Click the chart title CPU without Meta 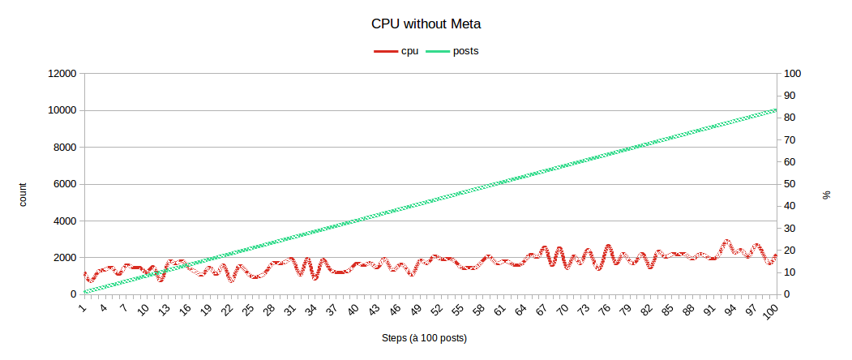pyautogui.click(x=426, y=24)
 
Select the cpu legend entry pyautogui.click(x=396, y=51)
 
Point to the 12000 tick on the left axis pyautogui.click(x=62, y=74)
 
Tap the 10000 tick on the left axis pyautogui.click(x=62, y=110)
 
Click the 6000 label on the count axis pyautogui.click(x=64, y=184)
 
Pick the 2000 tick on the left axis pyautogui.click(x=64, y=258)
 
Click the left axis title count pyautogui.click(x=23, y=195)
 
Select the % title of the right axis pyautogui.click(x=827, y=195)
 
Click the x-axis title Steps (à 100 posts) pyautogui.click(x=424, y=337)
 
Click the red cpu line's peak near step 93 pyautogui.click(x=727, y=242)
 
